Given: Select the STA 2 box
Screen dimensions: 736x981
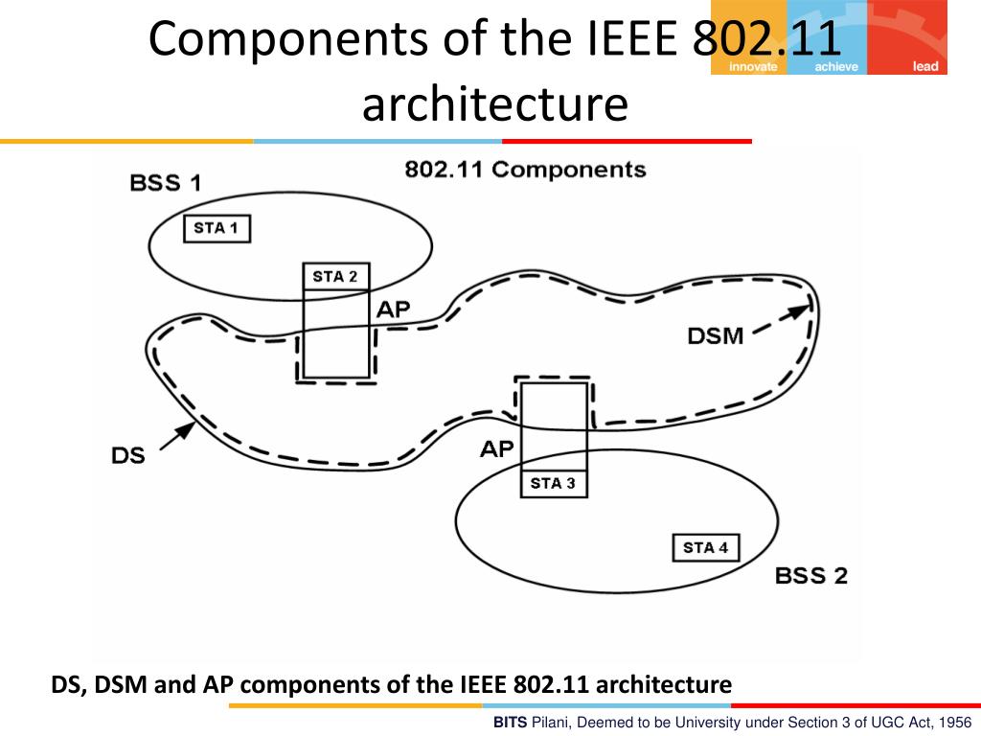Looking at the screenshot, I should [x=335, y=277].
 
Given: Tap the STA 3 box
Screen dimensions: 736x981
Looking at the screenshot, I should [x=553, y=483].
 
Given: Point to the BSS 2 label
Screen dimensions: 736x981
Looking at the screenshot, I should [x=810, y=576].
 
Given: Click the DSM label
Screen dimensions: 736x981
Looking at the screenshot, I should [x=716, y=335].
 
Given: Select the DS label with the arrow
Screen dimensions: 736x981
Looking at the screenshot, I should [x=128, y=455].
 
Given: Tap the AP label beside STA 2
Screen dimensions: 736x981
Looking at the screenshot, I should [x=393, y=310].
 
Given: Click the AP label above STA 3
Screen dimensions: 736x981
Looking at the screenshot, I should [x=497, y=448].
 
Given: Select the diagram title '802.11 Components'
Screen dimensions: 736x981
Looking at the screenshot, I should [x=525, y=171].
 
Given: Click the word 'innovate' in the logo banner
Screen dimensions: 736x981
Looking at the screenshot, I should [x=753, y=67].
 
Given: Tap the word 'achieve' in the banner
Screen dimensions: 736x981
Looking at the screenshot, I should [x=835, y=67].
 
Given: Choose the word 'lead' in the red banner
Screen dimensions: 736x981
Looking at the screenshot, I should [x=925, y=67].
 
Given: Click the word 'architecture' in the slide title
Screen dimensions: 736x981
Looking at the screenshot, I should [x=494, y=105].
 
